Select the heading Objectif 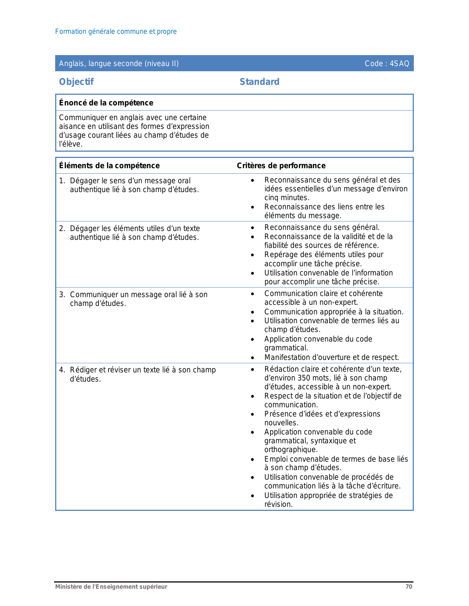click(x=76, y=82)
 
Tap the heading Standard click(x=259, y=82)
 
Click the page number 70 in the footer click(x=409, y=587)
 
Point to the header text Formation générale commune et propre click(x=116, y=32)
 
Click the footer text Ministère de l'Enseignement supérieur click(x=111, y=587)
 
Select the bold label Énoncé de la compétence click(x=106, y=103)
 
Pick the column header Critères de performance click(x=281, y=166)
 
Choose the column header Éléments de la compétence click(x=109, y=166)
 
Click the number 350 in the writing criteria click(x=303, y=378)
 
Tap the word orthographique click(x=286, y=450)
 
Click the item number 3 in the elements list click(x=62, y=295)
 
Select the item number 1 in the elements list click(x=62, y=181)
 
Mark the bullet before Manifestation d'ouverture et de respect click(x=252, y=358)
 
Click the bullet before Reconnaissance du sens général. click(x=252, y=228)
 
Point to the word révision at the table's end click(x=278, y=504)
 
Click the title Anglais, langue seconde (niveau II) click(x=119, y=64)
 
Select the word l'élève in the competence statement click(x=71, y=144)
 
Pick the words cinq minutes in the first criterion click(x=287, y=198)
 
